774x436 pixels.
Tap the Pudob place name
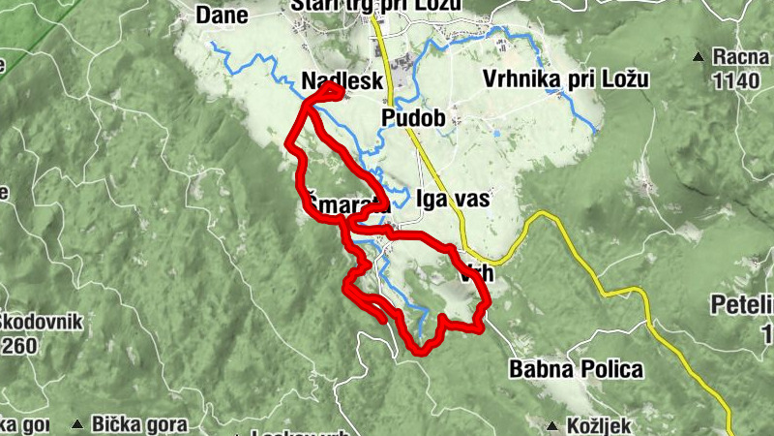pyautogui.click(x=413, y=119)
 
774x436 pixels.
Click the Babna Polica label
pyautogui.click(x=576, y=369)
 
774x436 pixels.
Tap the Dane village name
pyautogui.click(x=222, y=15)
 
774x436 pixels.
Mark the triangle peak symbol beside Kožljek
pyautogui.click(x=552, y=425)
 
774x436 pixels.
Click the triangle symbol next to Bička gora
pyautogui.click(x=77, y=423)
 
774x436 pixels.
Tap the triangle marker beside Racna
pyautogui.click(x=698, y=58)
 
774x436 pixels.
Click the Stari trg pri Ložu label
pyautogui.click(x=377, y=6)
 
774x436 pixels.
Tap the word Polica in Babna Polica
pyautogui.click(x=610, y=369)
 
